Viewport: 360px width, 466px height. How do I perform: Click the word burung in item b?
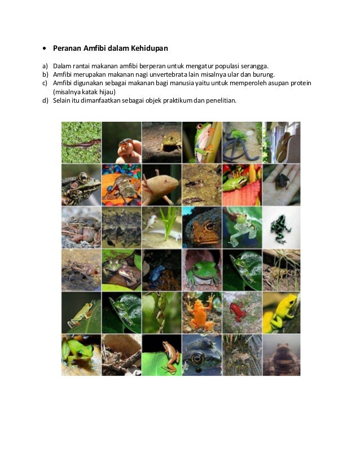point(264,74)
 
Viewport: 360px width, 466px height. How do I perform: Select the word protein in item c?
point(301,83)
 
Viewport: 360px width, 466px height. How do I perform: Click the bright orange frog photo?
point(201,312)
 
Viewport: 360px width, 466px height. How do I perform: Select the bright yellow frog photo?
point(280,312)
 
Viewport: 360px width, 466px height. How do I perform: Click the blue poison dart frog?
point(161,270)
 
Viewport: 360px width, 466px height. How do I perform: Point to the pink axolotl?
point(161,184)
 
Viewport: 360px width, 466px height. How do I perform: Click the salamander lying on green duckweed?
point(81,142)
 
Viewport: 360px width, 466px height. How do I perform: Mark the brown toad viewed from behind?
point(280,355)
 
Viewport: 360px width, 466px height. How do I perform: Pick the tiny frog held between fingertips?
point(121,142)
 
